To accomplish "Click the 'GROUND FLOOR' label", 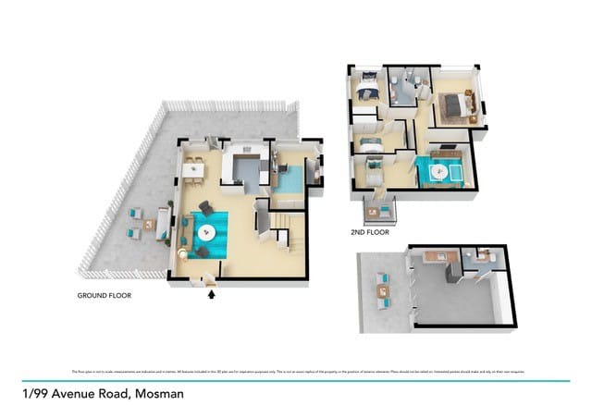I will [x=104, y=296].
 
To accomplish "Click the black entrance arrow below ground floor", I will [x=212, y=295].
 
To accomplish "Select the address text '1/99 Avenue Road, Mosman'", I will [x=104, y=393].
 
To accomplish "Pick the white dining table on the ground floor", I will [x=193, y=169].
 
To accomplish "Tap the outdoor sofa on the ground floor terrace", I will [x=162, y=222].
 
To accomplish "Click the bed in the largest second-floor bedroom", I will [x=455, y=105].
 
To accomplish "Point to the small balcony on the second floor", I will [x=377, y=212].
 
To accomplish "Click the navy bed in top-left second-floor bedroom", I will [x=365, y=90].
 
